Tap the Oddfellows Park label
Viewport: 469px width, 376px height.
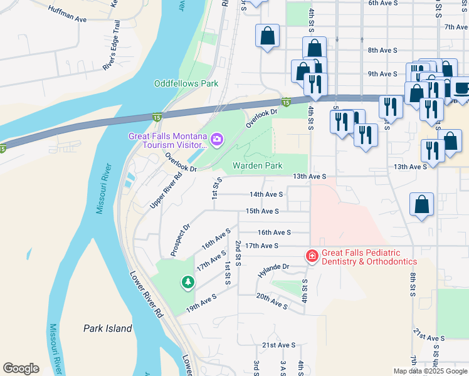click(186, 83)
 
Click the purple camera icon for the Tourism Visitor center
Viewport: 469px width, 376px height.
click(217, 139)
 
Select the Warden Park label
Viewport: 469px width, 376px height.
click(257, 166)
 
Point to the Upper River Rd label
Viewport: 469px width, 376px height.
click(166, 191)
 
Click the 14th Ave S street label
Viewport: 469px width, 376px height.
click(266, 195)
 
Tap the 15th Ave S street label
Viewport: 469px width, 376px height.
click(261, 211)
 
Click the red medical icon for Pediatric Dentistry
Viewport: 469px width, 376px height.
click(311, 256)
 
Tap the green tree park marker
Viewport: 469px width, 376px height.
click(187, 283)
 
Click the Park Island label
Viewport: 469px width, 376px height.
click(108, 328)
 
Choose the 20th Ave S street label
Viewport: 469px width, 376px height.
click(271, 303)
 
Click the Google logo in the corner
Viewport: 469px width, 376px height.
click(21, 368)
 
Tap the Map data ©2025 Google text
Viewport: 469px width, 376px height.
click(430, 371)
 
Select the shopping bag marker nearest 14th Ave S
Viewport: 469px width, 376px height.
click(421, 204)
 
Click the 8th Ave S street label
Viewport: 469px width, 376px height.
click(382, 50)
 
